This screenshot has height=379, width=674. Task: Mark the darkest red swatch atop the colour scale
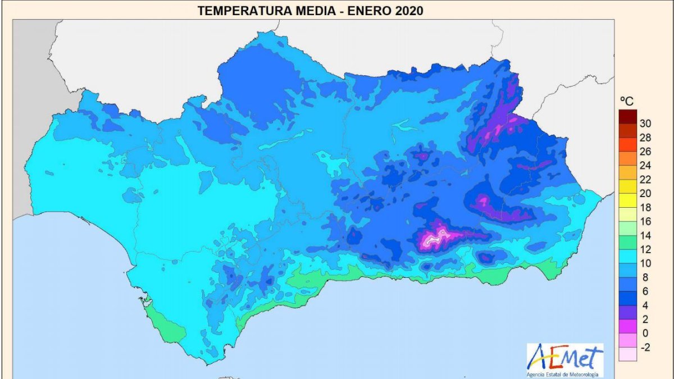coord(627,116)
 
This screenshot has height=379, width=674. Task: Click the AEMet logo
coord(564,357)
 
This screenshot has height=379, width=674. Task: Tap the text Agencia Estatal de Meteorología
coord(564,374)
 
